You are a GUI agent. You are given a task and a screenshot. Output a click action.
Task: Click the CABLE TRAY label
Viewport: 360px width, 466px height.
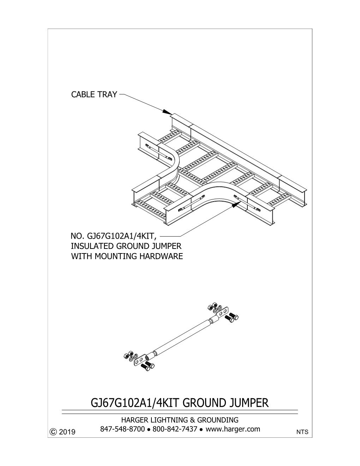pyautogui.click(x=94, y=94)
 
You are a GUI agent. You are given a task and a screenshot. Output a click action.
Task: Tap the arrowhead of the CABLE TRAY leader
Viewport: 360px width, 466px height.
pyautogui.click(x=167, y=112)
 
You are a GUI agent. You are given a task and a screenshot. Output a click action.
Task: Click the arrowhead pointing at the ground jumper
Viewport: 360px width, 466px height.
pyautogui.click(x=236, y=204)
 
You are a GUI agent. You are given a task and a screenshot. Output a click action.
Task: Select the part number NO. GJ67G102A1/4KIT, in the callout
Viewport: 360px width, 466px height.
pyautogui.click(x=113, y=236)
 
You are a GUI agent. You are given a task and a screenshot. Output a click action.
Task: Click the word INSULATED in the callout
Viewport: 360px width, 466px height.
pyautogui.click(x=92, y=246)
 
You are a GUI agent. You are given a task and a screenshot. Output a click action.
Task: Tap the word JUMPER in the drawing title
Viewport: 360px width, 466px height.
pyautogui.click(x=249, y=403)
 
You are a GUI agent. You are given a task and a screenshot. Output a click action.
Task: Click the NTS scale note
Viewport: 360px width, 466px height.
pyautogui.click(x=302, y=436)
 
